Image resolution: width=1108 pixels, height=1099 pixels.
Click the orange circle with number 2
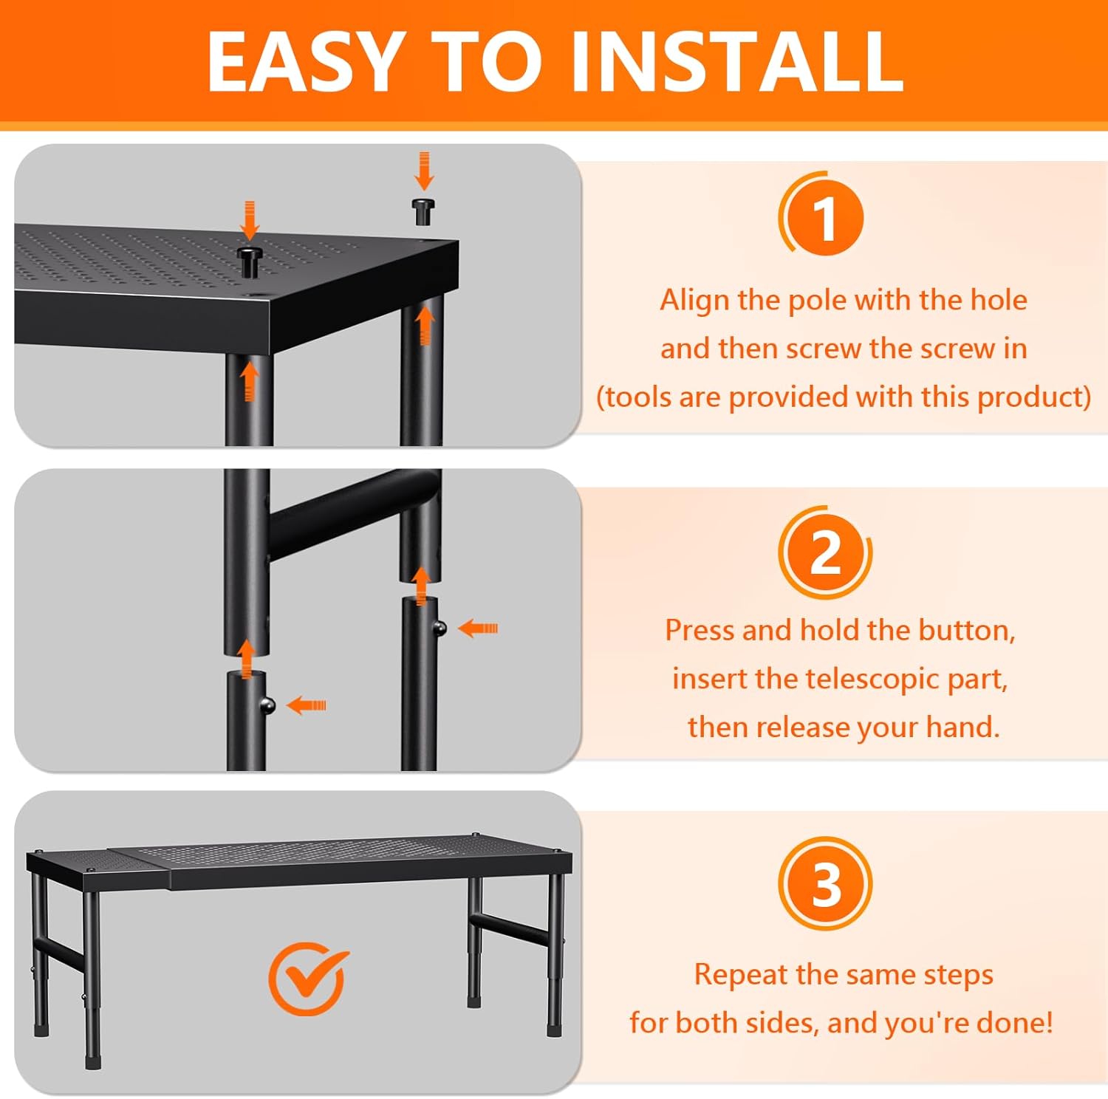click(x=825, y=552)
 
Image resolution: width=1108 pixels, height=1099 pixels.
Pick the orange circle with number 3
click(x=825, y=883)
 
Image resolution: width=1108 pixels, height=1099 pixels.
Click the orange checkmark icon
click(x=308, y=977)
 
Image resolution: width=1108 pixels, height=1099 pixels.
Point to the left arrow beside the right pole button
click(x=478, y=629)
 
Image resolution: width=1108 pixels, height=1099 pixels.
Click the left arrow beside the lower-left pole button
click(x=306, y=705)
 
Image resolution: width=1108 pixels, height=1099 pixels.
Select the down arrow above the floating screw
click(x=423, y=171)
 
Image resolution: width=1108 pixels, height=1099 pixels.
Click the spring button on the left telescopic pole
click(x=268, y=705)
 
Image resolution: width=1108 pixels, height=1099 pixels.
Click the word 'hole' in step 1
click(x=998, y=300)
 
